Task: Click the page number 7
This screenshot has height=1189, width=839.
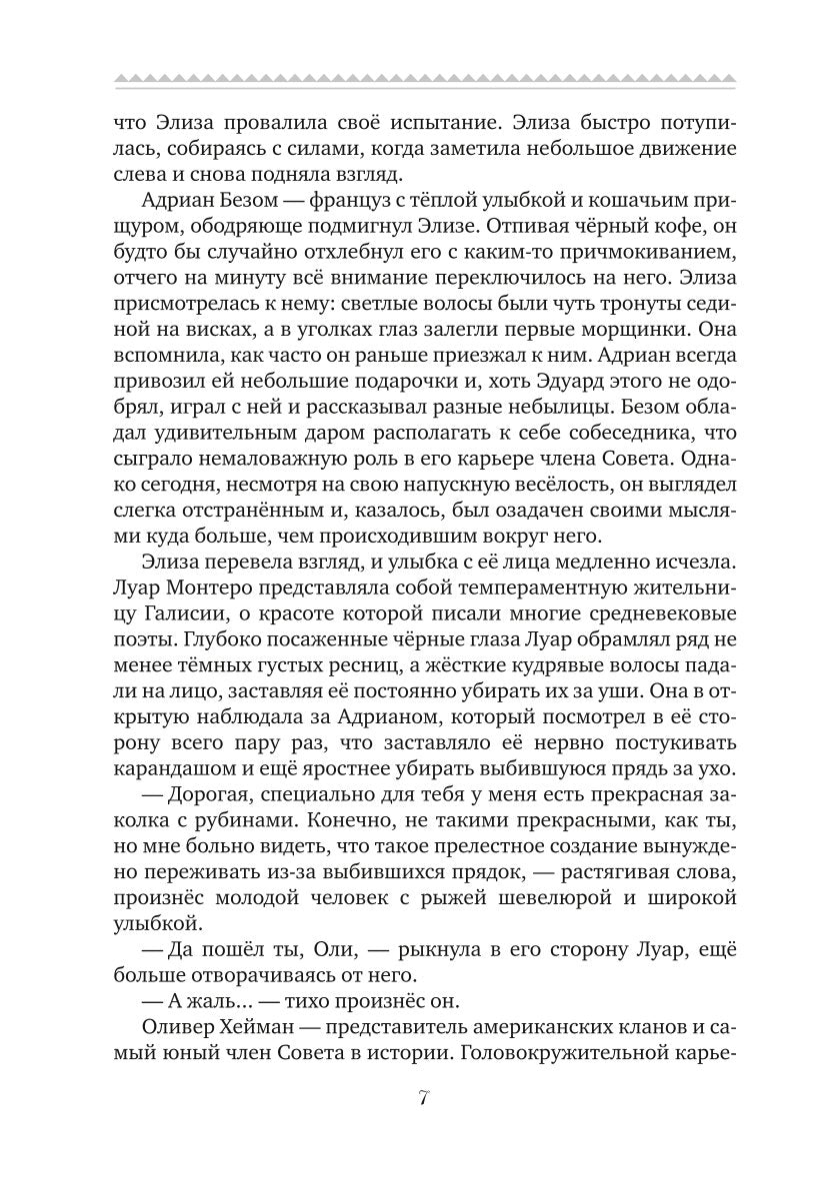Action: [x=421, y=1100]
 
